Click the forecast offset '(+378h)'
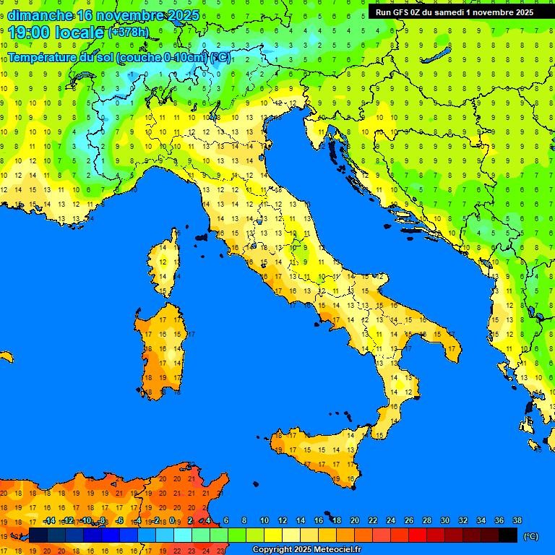coord(129,33)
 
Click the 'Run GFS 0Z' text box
coord(455,12)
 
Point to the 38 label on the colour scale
coord(517,520)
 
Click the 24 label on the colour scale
coord(391,520)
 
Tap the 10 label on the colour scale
coord(264,520)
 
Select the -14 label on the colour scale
coord(49,520)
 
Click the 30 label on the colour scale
coord(445,520)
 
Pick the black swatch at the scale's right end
coord(508,535)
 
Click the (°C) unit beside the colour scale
coord(531,535)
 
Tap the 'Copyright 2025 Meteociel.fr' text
coord(306,550)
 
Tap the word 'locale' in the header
coord(79,33)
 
